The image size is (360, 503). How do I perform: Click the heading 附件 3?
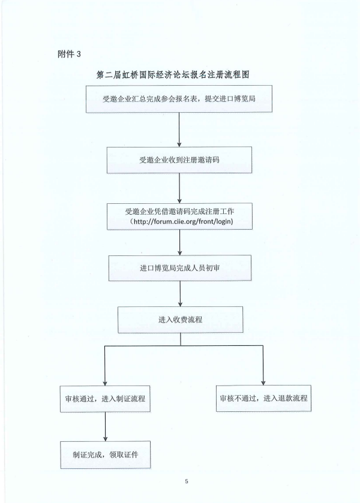pyautogui.click(x=69, y=54)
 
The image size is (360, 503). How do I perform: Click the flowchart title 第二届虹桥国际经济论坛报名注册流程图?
pyautogui.click(x=173, y=75)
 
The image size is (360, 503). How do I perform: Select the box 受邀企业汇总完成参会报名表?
pyautogui.click(x=179, y=99)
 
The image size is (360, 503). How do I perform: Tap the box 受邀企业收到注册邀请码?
pyautogui.click(x=179, y=159)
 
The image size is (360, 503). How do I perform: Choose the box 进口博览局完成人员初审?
pyautogui.click(x=180, y=268)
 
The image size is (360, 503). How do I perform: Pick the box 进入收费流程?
pyautogui.click(x=180, y=320)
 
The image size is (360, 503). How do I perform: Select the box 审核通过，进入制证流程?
pyautogui.click(x=105, y=399)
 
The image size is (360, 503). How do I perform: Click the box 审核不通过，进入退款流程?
pyautogui.click(x=263, y=398)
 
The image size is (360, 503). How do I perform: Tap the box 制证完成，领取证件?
pyautogui.click(x=106, y=454)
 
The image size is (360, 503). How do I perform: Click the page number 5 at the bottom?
pyautogui.click(x=187, y=481)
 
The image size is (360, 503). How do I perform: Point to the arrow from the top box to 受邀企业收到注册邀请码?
pyautogui.click(x=179, y=129)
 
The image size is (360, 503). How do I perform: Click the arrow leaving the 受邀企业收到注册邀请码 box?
pyautogui.click(x=179, y=188)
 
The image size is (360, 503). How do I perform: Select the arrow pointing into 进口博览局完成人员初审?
pyautogui.click(x=180, y=243)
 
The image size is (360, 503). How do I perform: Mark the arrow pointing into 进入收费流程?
pyautogui.click(x=180, y=294)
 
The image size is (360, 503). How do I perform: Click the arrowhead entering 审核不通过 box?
pyautogui.click(x=263, y=383)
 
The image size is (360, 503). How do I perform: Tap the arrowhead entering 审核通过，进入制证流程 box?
pyautogui.click(x=104, y=383)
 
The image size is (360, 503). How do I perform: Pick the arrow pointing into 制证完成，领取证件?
pyautogui.click(x=106, y=427)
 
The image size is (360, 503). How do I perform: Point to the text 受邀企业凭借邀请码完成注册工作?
pyautogui.click(x=179, y=212)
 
